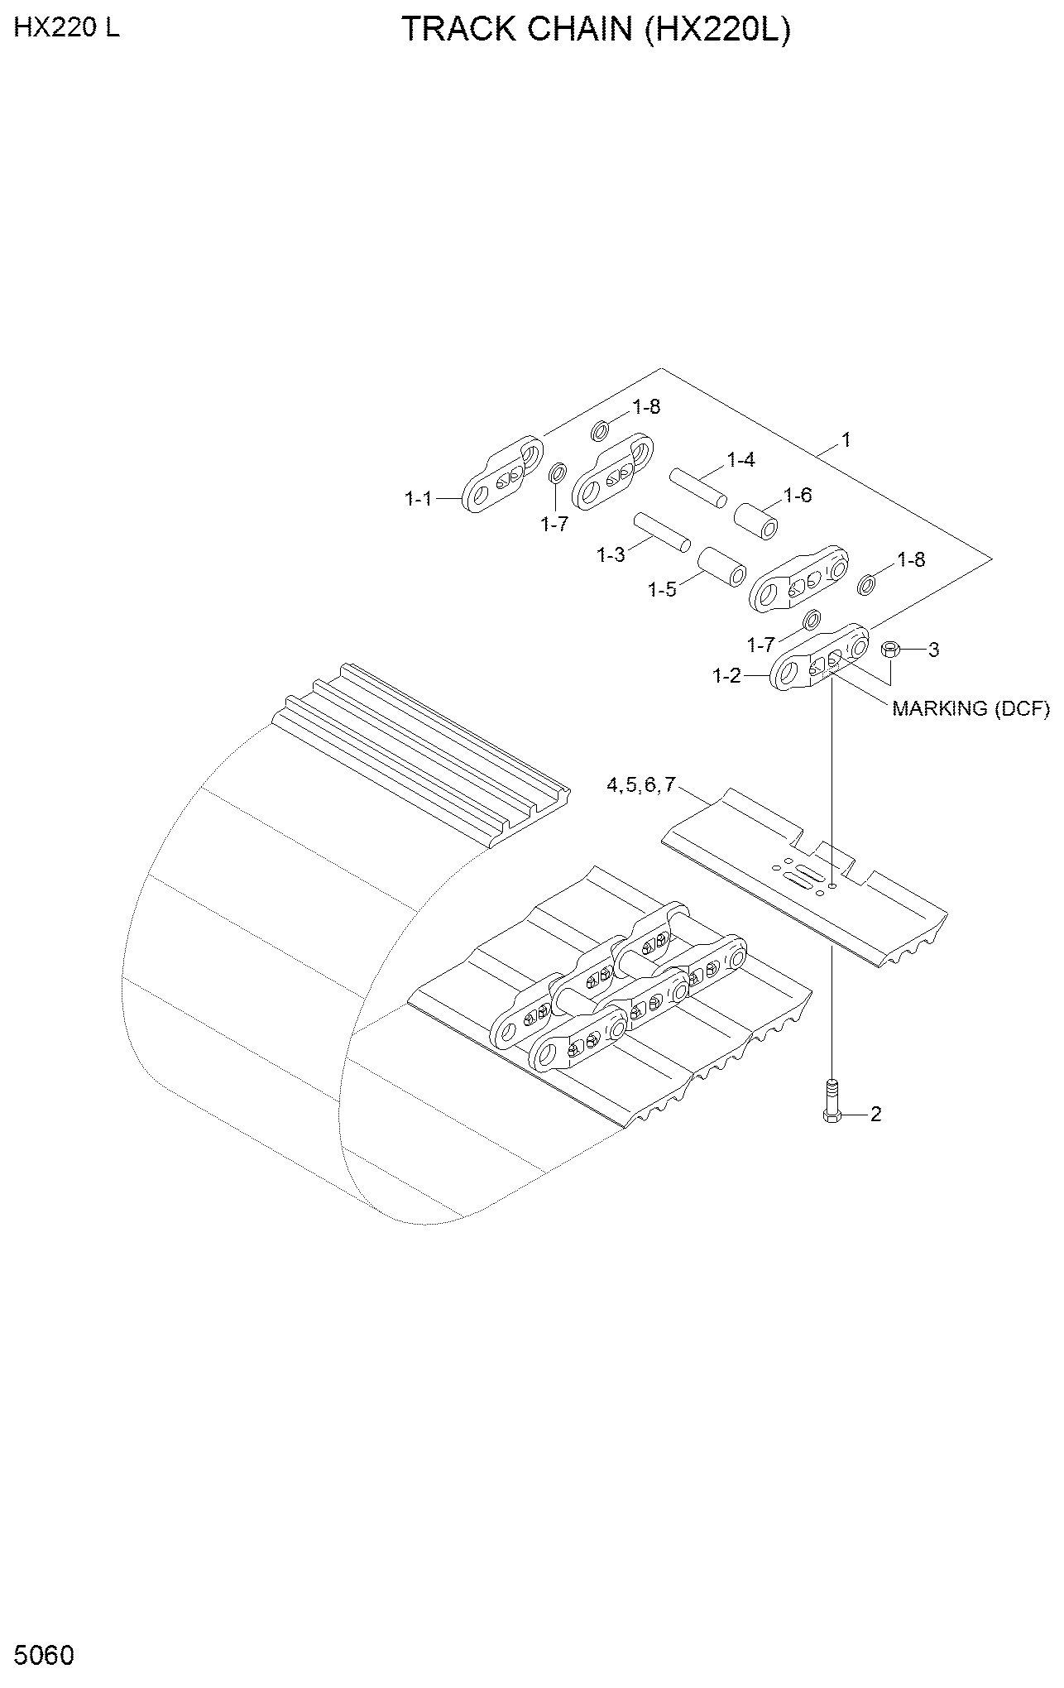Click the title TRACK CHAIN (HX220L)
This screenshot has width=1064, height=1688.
coord(596,30)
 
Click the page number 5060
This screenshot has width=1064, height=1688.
coord(44,1656)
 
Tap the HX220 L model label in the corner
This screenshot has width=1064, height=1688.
coord(67,28)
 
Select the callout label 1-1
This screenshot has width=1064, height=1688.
coord(419,499)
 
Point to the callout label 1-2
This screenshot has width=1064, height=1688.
coord(727,676)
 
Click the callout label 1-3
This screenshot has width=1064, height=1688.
coord(611,555)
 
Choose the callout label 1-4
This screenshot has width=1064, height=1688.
coord(740,460)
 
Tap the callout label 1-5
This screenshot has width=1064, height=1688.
coord(662,589)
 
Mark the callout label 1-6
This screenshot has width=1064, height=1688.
coord(798,495)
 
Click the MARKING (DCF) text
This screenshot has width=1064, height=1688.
coord(971,708)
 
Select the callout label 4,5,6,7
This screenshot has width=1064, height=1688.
coord(641,785)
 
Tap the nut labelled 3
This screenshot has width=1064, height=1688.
coord(890,650)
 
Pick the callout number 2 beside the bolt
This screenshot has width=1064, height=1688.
coord(875,1115)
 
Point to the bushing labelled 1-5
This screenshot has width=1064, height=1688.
coord(721,568)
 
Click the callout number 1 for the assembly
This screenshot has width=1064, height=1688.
coord(846,440)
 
